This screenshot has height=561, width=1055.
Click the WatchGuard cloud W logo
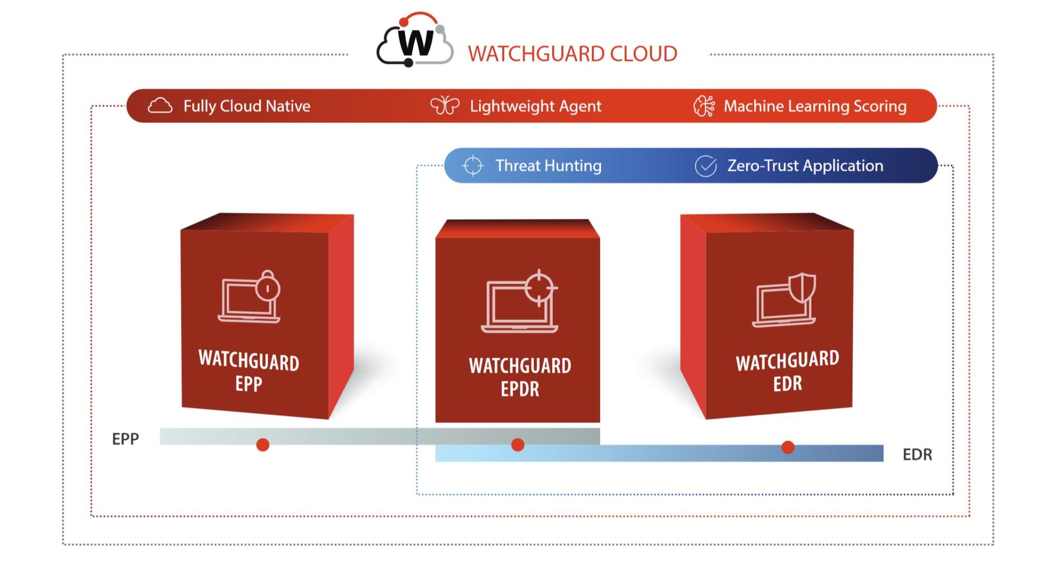pyautogui.click(x=415, y=41)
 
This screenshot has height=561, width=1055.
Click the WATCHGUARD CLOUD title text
pyautogui.click(x=572, y=54)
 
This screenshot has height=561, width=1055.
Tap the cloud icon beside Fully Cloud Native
pyautogui.click(x=160, y=106)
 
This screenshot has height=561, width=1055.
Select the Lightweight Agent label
pyautogui.click(x=535, y=106)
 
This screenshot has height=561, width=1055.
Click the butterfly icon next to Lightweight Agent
pyautogui.click(x=445, y=106)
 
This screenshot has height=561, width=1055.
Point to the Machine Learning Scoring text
pyautogui.click(x=815, y=106)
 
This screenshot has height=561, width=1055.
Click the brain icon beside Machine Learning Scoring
pyautogui.click(x=704, y=106)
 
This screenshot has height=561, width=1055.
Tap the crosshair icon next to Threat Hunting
pyautogui.click(x=472, y=166)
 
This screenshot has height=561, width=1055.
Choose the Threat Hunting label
pyautogui.click(x=548, y=166)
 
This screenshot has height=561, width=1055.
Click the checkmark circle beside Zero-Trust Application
pyautogui.click(x=706, y=166)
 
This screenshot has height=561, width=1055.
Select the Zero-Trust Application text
pyautogui.click(x=805, y=166)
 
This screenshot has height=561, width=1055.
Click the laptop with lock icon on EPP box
pyautogui.click(x=250, y=297)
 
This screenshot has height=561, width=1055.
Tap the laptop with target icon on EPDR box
pyautogui.click(x=520, y=302)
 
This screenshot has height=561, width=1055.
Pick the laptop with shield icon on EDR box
pyautogui.click(x=784, y=301)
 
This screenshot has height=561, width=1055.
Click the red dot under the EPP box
pyautogui.click(x=263, y=445)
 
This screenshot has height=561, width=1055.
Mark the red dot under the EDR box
pyautogui.click(x=788, y=447)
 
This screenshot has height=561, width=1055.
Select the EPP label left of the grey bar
pyautogui.click(x=126, y=439)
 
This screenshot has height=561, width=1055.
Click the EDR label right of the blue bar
pyautogui.click(x=917, y=454)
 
